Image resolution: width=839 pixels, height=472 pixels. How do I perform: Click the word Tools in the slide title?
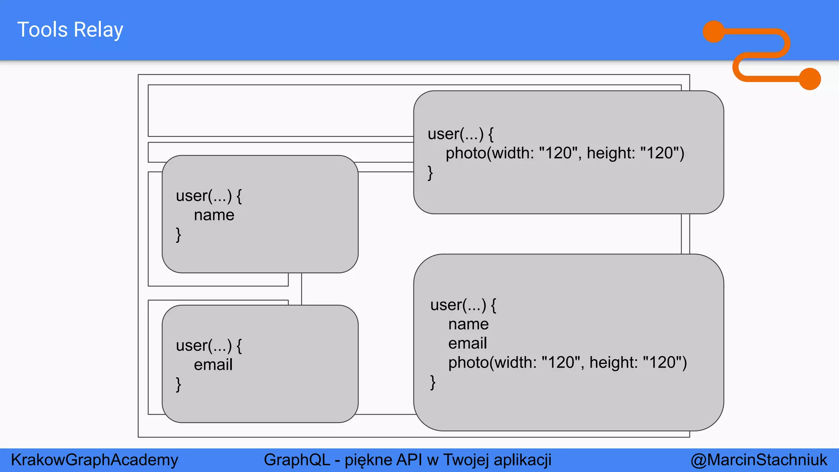click(x=42, y=30)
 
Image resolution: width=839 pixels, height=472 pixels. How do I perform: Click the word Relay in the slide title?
click(x=98, y=30)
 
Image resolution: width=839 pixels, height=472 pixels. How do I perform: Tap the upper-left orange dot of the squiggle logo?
click(x=714, y=32)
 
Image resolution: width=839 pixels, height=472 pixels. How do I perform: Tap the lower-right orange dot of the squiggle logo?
click(x=810, y=79)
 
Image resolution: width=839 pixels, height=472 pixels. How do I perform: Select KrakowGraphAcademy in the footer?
click(x=94, y=460)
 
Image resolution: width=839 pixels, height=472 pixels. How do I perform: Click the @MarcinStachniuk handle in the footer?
click(x=758, y=460)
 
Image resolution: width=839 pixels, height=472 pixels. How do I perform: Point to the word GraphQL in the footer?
click(x=297, y=460)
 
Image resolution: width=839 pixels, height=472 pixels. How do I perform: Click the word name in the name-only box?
click(x=214, y=215)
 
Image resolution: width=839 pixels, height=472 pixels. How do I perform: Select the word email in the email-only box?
click(x=213, y=365)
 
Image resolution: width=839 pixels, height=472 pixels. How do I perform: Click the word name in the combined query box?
click(x=468, y=324)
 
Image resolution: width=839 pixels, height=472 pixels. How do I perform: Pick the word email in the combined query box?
click(x=467, y=343)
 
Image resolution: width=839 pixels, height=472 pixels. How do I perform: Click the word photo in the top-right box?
click(x=465, y=153)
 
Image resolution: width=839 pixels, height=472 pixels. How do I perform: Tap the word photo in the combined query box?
click(x=468, y=363)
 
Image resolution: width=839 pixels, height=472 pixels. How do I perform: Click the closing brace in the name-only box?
click(x=178, y=235)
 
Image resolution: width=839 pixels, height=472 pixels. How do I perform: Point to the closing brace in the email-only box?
click(x=178, y=384)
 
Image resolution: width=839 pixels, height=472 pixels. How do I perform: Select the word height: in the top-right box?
click(x=610, y=153)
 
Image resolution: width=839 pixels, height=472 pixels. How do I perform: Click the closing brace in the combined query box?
click(x=433, y=382)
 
